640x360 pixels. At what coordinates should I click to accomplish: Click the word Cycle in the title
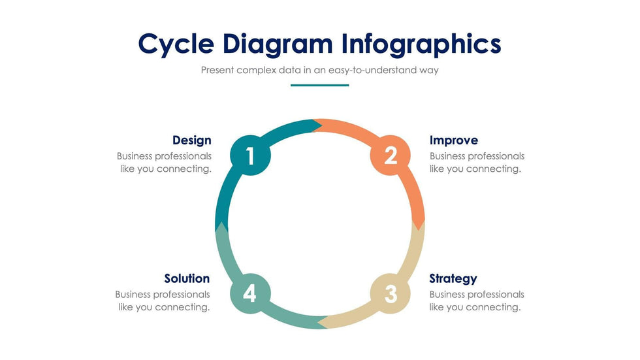click(x=176, y=44)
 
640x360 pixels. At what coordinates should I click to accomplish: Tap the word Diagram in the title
click(x=278, y=44)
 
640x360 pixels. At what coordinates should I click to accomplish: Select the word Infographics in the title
click(x=421, y=44)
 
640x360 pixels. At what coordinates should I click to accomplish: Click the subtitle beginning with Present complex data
click(x=319, y=70)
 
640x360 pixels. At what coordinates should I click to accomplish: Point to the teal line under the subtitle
click(x=319, y=85)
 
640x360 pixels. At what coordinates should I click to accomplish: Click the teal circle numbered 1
click(x=249, y=156)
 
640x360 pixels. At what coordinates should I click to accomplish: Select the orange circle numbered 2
click(x=390, y=156)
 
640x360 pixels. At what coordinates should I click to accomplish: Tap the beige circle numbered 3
click(x=390, y=294)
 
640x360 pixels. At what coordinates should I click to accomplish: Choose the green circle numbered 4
click(x=249, y=294)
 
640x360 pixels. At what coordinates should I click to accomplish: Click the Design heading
click(x=191, y=140)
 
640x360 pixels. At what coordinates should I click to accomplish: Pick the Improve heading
click(x=453, y=140)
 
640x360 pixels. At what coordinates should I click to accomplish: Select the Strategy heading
click(x=453, y=278)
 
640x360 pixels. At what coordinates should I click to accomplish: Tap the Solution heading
click(x=187, y=278)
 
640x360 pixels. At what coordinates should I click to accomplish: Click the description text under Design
click(x=164, y=163)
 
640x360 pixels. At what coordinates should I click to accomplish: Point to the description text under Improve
click(x=477, y=163)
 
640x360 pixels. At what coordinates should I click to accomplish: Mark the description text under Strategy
click(x=477, y=301)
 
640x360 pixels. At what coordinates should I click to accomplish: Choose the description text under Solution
click(x=163, y=301)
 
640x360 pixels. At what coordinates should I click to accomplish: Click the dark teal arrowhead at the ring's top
click(x=317, y=123)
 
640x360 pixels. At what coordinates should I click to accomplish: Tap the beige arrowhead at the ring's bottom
click(x=321, y=322)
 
